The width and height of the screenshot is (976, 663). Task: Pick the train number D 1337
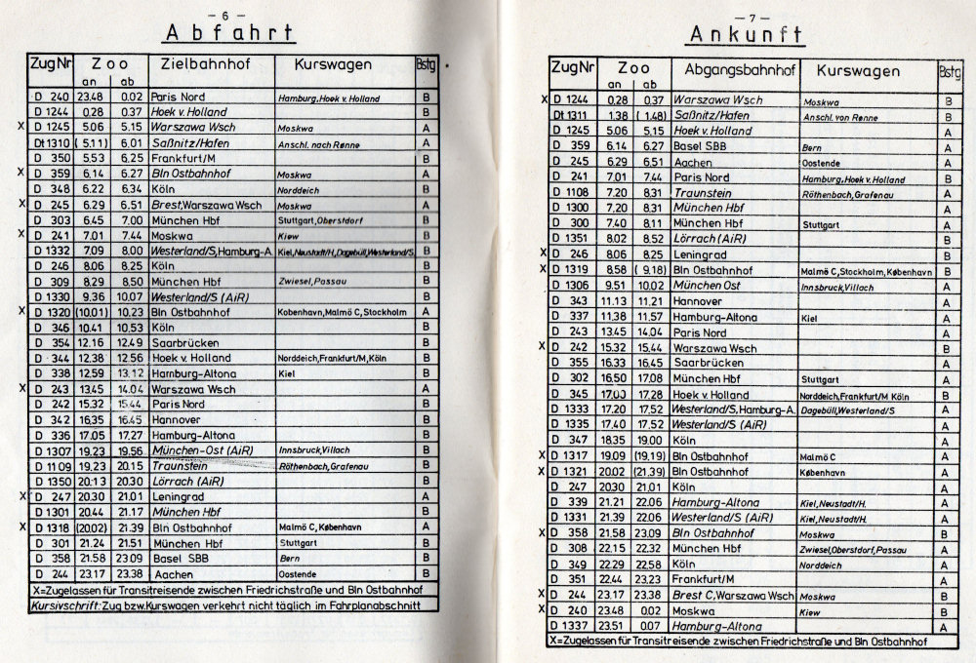pos(568,624)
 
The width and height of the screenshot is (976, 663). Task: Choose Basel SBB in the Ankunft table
pos(703,145)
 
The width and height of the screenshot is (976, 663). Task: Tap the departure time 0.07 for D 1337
pos(650,624)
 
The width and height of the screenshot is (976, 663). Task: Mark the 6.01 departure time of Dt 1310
pos(131,143)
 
